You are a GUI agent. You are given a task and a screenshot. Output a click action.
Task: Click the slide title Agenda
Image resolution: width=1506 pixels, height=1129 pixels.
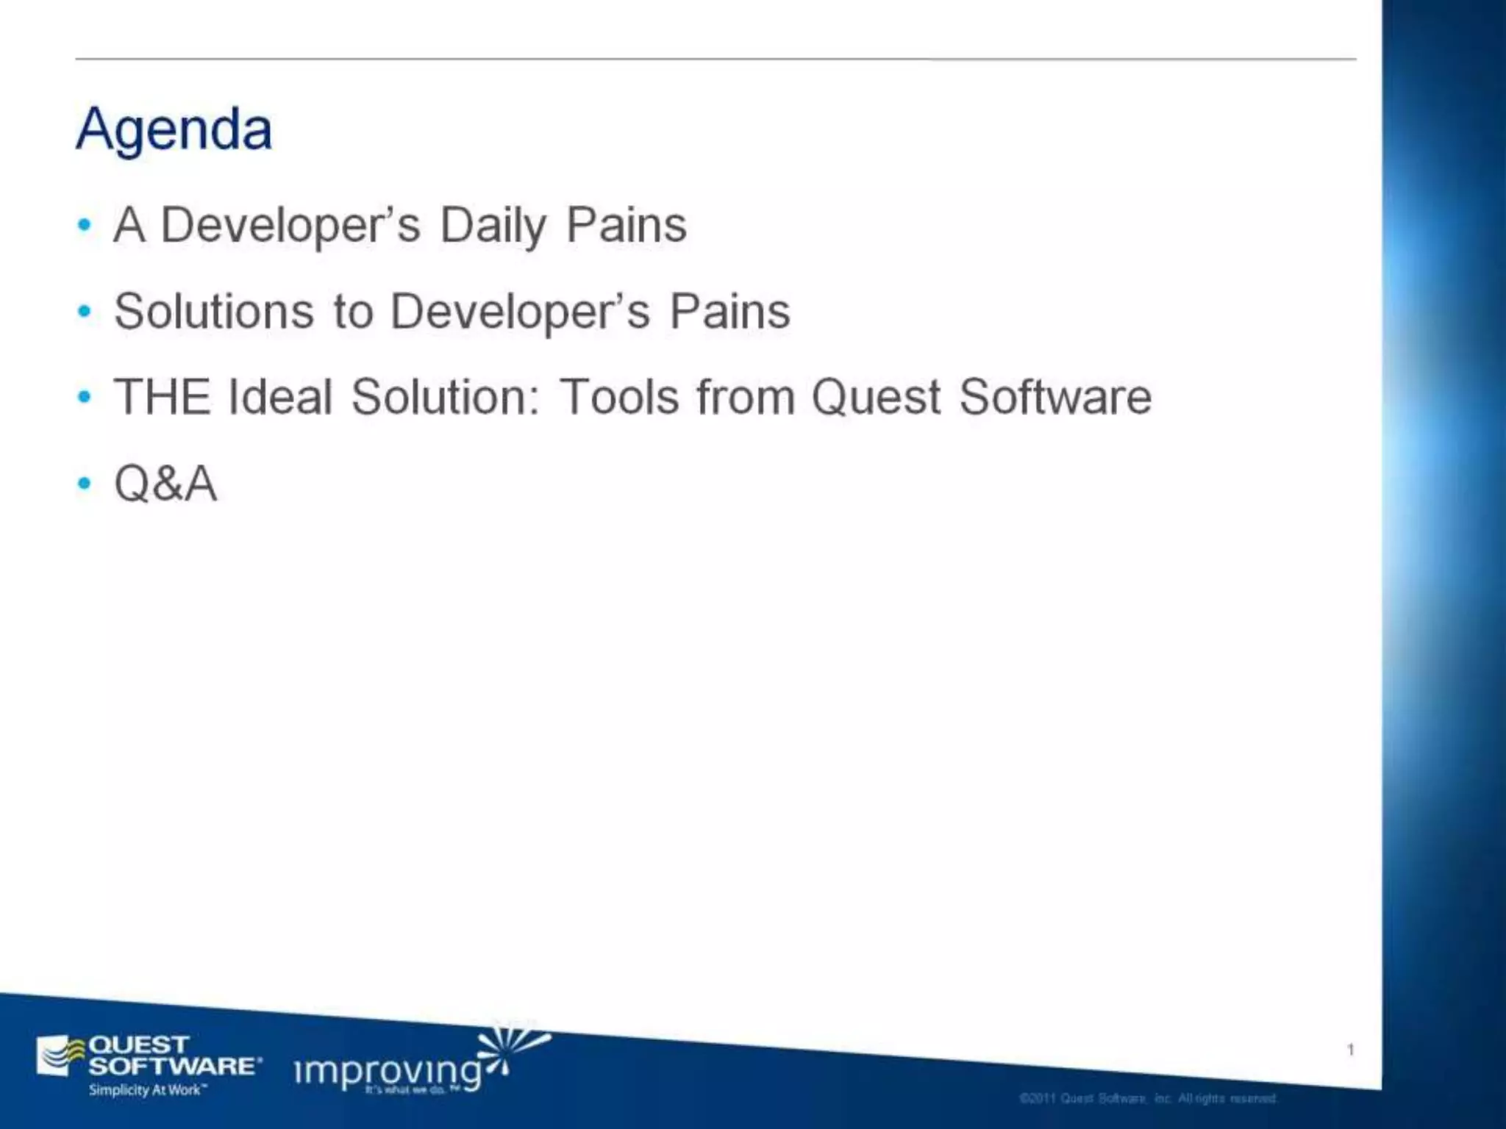[x=174, y=129]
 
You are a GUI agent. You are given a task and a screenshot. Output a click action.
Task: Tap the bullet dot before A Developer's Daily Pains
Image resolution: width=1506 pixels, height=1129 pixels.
[x=85, y=225]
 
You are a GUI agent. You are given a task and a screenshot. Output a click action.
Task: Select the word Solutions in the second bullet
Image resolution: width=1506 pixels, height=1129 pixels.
[x=214, y=311]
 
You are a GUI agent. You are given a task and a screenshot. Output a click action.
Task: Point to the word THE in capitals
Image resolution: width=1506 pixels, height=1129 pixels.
[x=161, y=397]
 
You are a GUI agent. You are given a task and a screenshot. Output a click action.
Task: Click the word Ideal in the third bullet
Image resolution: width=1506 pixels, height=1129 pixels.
[x=280, y=397]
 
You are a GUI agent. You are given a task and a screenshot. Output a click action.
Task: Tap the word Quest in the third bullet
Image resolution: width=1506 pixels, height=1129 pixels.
[x=876, y=397]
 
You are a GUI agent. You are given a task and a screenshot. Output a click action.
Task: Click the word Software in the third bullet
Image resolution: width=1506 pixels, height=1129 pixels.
[x=1055, y=397]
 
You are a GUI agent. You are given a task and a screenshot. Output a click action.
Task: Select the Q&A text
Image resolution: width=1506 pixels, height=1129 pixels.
[x=165, y=484]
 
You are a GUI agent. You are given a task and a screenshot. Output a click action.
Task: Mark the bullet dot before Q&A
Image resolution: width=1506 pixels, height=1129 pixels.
[x=85, y=484]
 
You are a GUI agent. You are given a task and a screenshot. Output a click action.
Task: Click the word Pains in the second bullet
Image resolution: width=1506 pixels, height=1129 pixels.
[x=729, y=311]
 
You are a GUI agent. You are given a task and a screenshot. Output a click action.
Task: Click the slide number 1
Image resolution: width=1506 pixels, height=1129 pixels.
[x=1350, y=1050]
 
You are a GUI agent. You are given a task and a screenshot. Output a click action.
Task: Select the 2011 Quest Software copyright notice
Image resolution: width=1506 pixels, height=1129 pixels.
[x=1148, y=1098]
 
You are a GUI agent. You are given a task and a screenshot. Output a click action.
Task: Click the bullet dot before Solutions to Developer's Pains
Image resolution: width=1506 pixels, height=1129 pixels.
[x=85, y=312]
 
